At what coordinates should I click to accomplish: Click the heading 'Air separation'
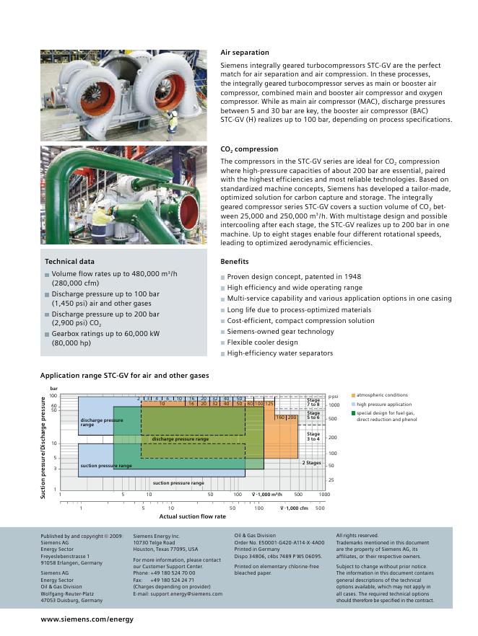coord(244,53)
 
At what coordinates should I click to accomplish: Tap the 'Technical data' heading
coord(69,262)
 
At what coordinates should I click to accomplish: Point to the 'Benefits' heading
coord(234,262)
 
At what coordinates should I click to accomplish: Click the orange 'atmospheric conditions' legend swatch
coord(353,395)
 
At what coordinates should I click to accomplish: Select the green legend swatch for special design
coord(353,413)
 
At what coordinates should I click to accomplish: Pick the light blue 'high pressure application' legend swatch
coord(353,405)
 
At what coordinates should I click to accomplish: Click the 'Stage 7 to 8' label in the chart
coord(313,402)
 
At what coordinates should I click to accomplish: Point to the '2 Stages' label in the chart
coord(311,463)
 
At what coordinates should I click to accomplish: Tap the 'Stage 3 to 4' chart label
coord(313,437)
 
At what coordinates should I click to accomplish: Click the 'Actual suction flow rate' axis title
coord(192,516)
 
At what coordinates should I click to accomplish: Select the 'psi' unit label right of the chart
coord(334,396)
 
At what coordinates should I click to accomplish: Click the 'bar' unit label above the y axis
coord(53,389)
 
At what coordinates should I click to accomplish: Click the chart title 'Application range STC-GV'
coord(124,376)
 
